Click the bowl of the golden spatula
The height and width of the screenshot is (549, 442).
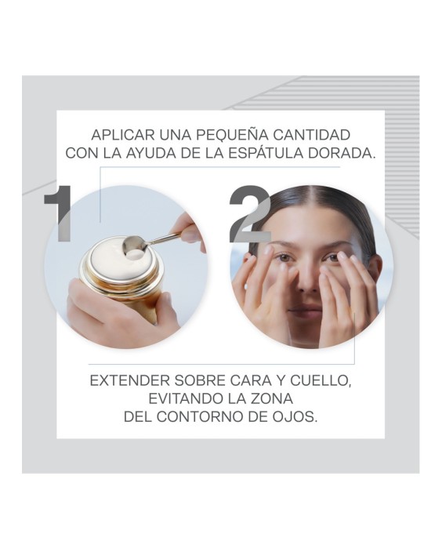(134, 245)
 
